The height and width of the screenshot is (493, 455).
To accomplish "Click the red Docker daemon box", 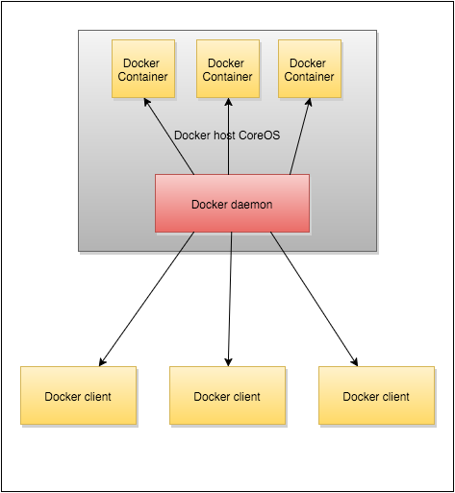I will coord(232,203).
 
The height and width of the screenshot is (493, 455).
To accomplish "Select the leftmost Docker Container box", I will coord(142,69).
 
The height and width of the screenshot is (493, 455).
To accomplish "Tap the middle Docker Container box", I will coord(227,69).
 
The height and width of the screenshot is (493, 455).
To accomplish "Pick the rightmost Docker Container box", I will coord(310,69).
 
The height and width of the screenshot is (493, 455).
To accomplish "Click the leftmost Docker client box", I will coord(78,396).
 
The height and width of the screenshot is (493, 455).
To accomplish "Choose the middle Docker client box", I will coord(227,396).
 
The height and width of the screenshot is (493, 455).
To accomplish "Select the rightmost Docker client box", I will coord(376,396).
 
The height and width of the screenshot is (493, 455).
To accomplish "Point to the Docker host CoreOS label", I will coord(228,136).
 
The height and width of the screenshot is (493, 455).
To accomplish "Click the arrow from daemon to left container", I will coord(171,136).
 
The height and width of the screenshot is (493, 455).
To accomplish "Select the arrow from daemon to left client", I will coord(144,299).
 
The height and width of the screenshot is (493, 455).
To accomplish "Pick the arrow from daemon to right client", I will coord(314,299).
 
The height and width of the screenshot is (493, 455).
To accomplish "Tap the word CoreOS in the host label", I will coord(259,136).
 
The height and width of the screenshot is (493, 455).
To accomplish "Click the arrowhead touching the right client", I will coord(355,362).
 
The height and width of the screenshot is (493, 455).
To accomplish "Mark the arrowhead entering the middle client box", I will coord(228,361).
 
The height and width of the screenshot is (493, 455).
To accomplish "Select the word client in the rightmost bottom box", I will coord(393,396).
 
